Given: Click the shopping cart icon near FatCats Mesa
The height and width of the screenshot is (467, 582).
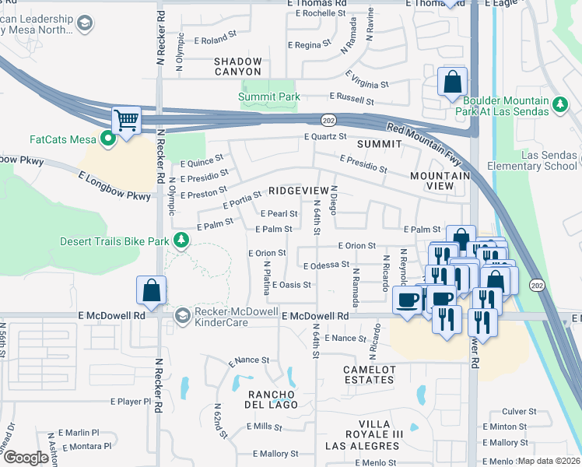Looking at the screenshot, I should point(125,121).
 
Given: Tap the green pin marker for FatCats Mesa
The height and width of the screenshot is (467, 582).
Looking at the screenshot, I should point(107,139).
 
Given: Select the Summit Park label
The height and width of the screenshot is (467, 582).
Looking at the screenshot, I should point(269,97).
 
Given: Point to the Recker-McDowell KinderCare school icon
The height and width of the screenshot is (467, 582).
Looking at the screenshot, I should point(183,315).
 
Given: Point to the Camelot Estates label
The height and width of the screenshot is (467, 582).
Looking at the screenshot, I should point(369,374).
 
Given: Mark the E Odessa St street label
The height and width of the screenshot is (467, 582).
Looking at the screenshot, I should point(326,265).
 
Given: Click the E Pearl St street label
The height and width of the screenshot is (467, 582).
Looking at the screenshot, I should point(279,213).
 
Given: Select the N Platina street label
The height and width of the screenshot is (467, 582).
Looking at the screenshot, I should point(267,277).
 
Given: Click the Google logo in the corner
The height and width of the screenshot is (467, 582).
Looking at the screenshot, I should point(26,458).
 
